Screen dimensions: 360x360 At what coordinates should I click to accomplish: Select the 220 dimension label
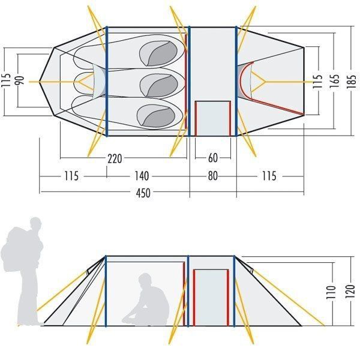click(116, 159)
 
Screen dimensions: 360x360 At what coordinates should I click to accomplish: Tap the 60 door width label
click(213, 159)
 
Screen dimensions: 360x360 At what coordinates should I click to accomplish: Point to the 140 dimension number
click(142, 176)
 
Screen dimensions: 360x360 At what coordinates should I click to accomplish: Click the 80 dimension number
click(212, 176)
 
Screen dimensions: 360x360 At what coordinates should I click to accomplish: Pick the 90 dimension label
click(20, 80)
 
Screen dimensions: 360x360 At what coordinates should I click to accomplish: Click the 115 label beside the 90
click(6, 80)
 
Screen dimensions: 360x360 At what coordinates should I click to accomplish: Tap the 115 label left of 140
click(71, 176)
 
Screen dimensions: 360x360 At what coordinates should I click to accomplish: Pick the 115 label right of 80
click(269, 176)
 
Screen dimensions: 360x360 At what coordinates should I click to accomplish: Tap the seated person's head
click(146, 280)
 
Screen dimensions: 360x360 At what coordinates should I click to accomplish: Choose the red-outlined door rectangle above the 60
click(213, 118)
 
